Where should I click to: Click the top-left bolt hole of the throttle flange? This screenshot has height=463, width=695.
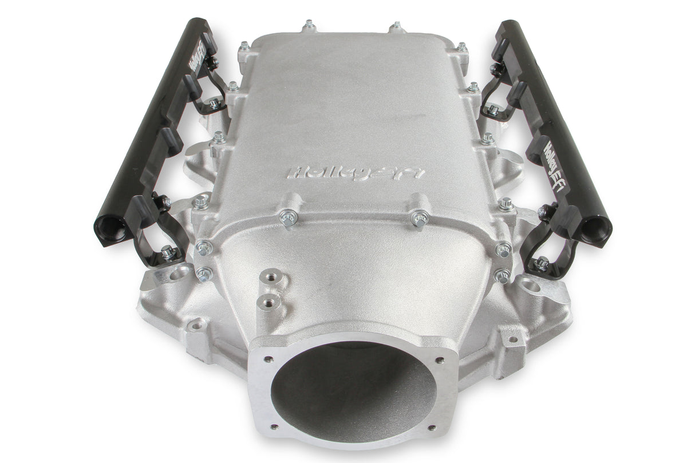click(x=267, y=361)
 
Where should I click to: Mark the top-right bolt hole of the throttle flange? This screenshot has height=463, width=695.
click(x=439, y=361)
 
